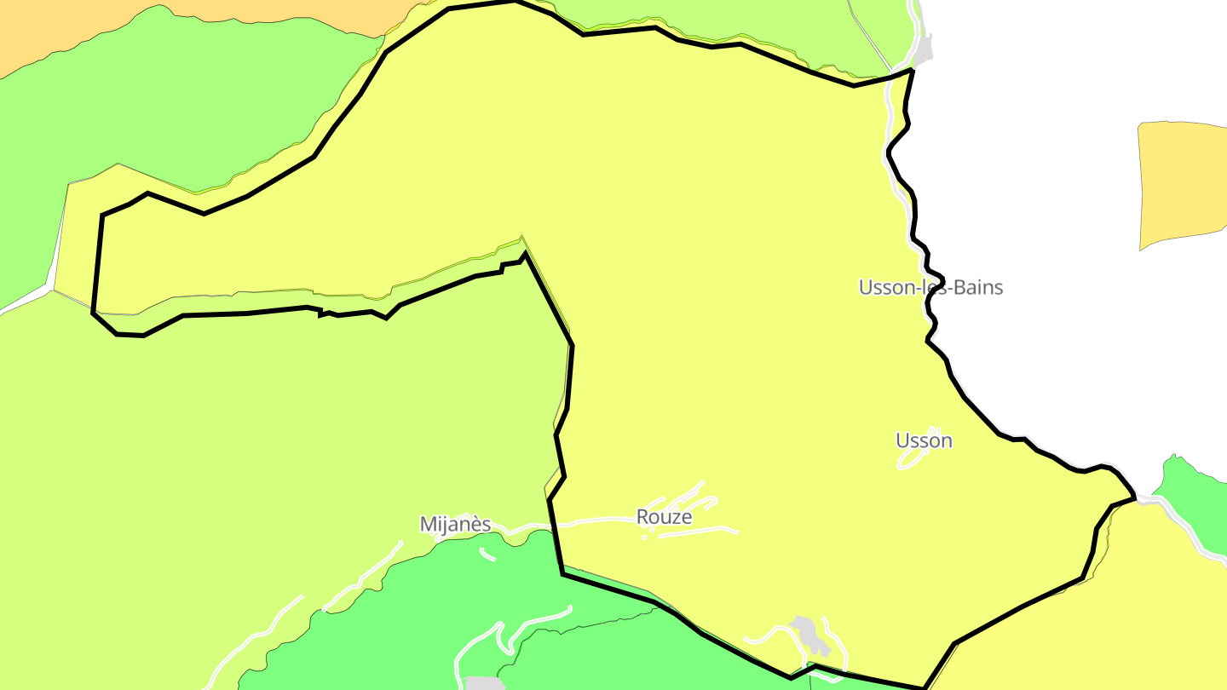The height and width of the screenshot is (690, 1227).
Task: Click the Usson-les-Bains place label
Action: [930, 287]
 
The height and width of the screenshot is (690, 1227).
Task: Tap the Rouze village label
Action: [664, 517]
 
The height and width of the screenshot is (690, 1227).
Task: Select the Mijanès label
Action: [455, 524]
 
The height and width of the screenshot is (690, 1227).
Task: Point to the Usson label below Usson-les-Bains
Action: [924, 440]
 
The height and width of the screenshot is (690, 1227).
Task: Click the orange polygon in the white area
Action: [1183, 183]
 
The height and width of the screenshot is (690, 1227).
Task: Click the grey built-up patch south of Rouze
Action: [808, 633]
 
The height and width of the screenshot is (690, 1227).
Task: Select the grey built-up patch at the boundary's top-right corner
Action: [924, 49]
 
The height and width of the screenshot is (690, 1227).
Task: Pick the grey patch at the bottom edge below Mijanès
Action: [484, 683]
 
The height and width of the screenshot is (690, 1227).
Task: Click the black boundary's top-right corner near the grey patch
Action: [913, 71]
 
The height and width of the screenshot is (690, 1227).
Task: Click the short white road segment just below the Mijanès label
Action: [487, 555]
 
